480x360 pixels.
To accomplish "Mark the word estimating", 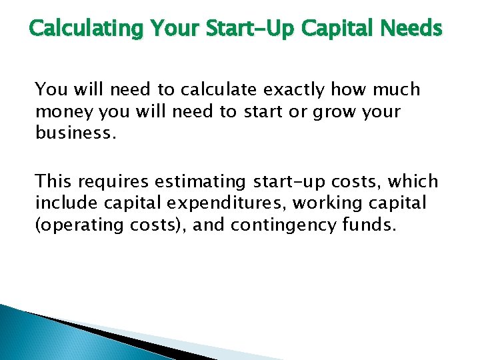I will [x=203, y=181].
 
